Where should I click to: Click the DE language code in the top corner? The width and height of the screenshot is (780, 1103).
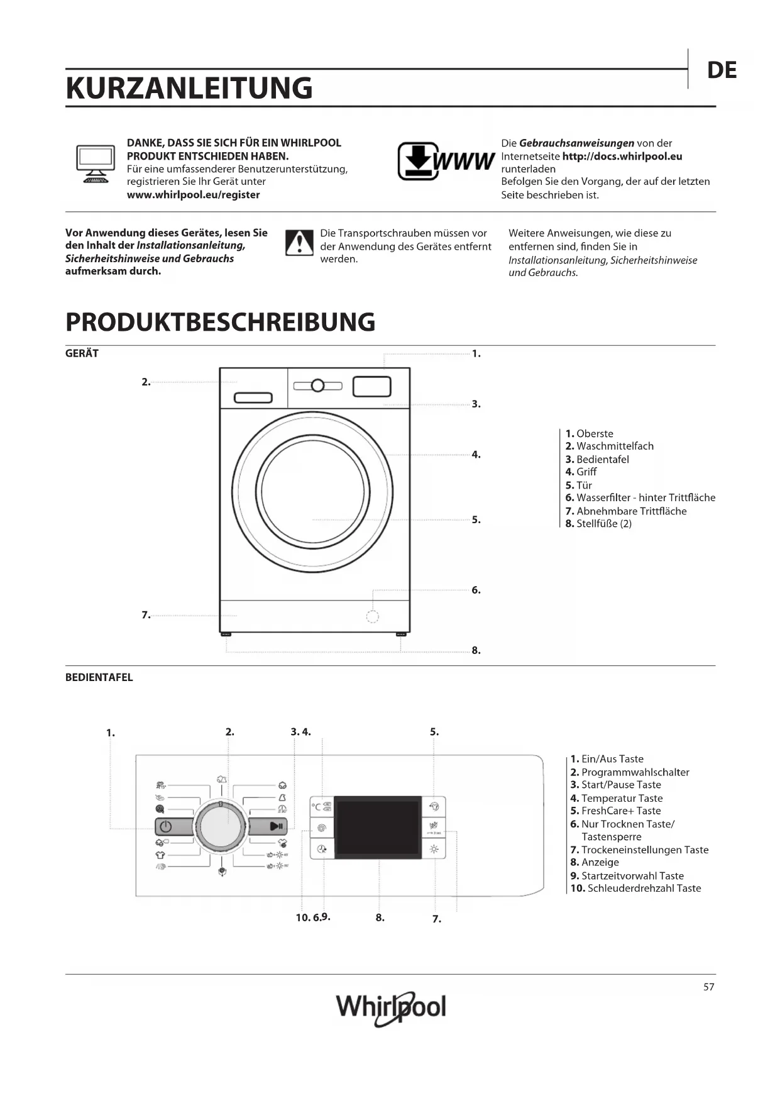722,70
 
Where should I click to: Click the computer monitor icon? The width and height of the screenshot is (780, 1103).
96,164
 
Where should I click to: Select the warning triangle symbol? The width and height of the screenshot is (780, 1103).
299,243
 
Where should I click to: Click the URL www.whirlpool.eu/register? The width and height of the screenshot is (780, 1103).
193,195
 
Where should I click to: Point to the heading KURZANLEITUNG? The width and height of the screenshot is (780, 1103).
189,88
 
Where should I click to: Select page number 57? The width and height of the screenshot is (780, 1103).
708,987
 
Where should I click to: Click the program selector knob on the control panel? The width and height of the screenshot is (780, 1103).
221,826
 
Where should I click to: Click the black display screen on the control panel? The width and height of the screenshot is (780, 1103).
378,827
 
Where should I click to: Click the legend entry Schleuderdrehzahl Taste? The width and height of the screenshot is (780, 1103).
635,888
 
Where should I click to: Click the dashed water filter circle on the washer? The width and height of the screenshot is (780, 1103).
373,616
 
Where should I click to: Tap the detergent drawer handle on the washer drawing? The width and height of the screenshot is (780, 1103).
253,398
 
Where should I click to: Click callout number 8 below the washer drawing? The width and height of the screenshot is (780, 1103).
476,650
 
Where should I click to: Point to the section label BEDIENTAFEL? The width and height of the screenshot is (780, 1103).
99,677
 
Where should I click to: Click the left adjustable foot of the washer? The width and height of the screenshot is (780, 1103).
226,635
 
